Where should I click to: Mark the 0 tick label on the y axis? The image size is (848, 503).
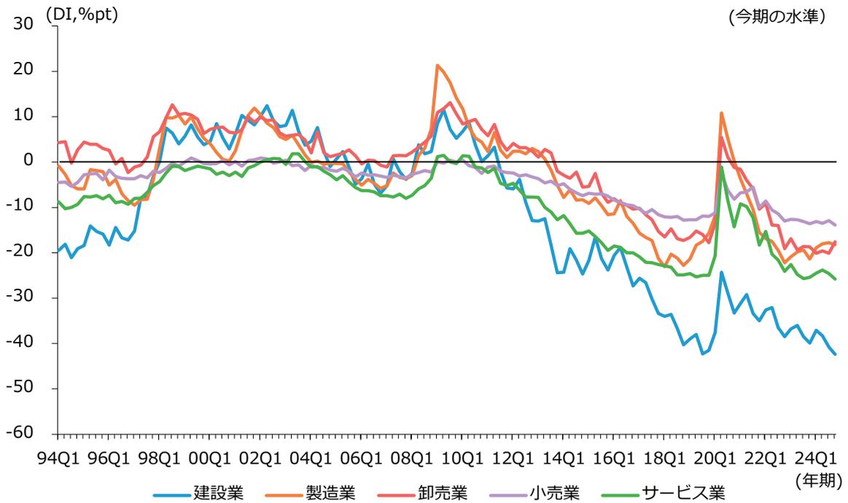[x=32, y=161]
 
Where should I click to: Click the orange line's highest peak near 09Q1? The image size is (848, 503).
[x=437, y=66]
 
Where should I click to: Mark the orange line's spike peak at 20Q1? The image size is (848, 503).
[x=721, y=113]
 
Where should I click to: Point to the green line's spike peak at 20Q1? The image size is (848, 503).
[x=721, y=167]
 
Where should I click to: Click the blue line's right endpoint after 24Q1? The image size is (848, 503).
[x=835, y=354]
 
